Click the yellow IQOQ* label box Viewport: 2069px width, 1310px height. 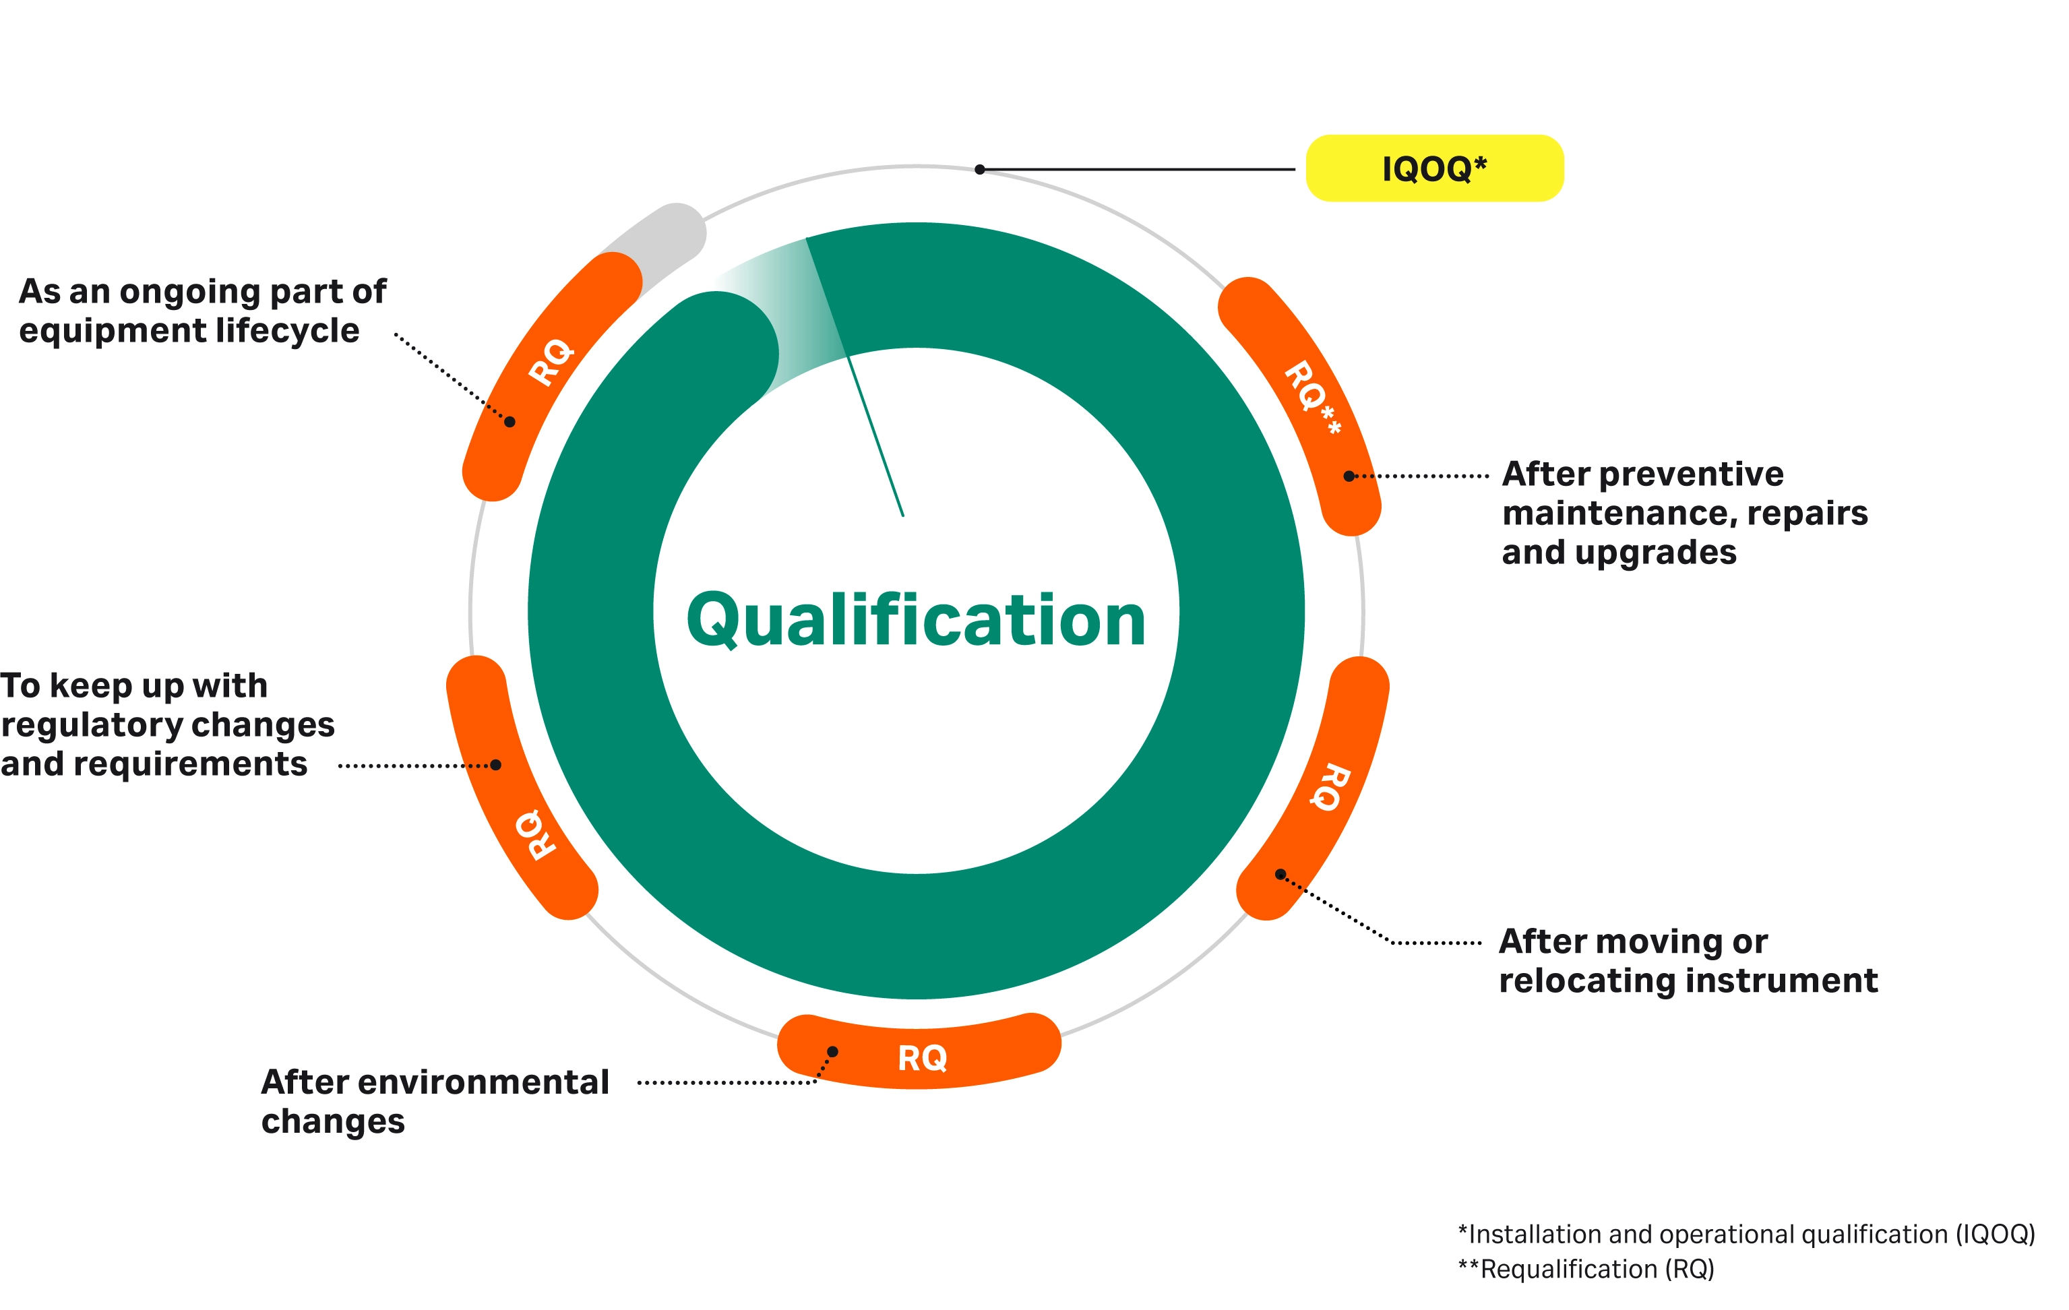click(x=1433, y=168)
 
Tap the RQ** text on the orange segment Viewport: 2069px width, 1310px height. click(x=1311, y=396)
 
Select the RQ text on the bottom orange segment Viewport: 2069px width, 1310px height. click(x=922, y=1057)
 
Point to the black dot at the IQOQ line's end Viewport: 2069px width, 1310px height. click(x=979, y=169)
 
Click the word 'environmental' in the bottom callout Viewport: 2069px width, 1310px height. click(x=483, y=1082)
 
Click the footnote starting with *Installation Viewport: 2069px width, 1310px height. click(x=1746, y=1234)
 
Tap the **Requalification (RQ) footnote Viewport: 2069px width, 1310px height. click(x=1585, y=1269)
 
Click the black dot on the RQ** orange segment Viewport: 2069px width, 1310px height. click(x=1349, y=476)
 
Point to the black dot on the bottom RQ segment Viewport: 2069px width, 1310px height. click(x=832, y=1051)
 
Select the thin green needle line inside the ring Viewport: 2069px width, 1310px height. click(x=876, y=438)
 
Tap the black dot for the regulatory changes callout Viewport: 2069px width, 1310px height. click(x=496, y=765)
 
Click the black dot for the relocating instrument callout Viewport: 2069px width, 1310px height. click(x=1280, y=875)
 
